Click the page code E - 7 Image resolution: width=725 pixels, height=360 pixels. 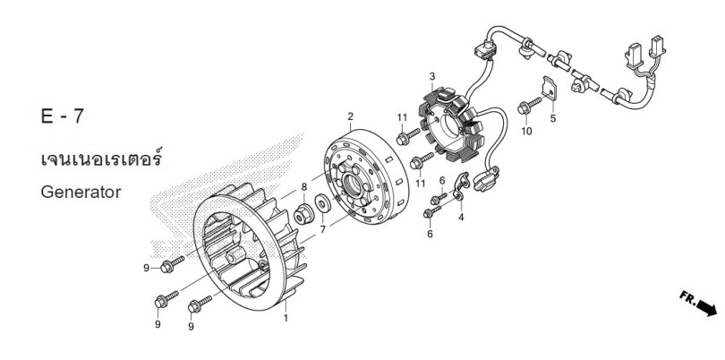click(x=63, y=116)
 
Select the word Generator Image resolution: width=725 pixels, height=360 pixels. click(x=81, y=192)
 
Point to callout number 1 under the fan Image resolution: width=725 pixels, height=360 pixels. click(x=286, y=318)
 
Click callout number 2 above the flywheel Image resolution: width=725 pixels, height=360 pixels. click(x=351, y=116)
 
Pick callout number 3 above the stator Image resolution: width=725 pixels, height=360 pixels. click(x=432, y=76)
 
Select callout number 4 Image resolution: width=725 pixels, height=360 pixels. click(x=461, y=217)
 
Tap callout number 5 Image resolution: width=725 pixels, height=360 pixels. click(x=553, y=118)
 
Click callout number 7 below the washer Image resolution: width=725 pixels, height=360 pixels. click(x=323, y=229)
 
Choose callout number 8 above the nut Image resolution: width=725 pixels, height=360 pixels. click(x=304, y=187)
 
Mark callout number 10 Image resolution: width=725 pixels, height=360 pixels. click(x=526, y=132)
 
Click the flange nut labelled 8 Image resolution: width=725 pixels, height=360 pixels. click(x=303, y=215)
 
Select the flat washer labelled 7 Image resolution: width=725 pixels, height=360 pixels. click(x=322, y=203)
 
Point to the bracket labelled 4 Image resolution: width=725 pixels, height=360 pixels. click(x=462, y=186)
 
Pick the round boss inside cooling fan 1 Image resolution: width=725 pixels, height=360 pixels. click(x=235, y=255)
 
